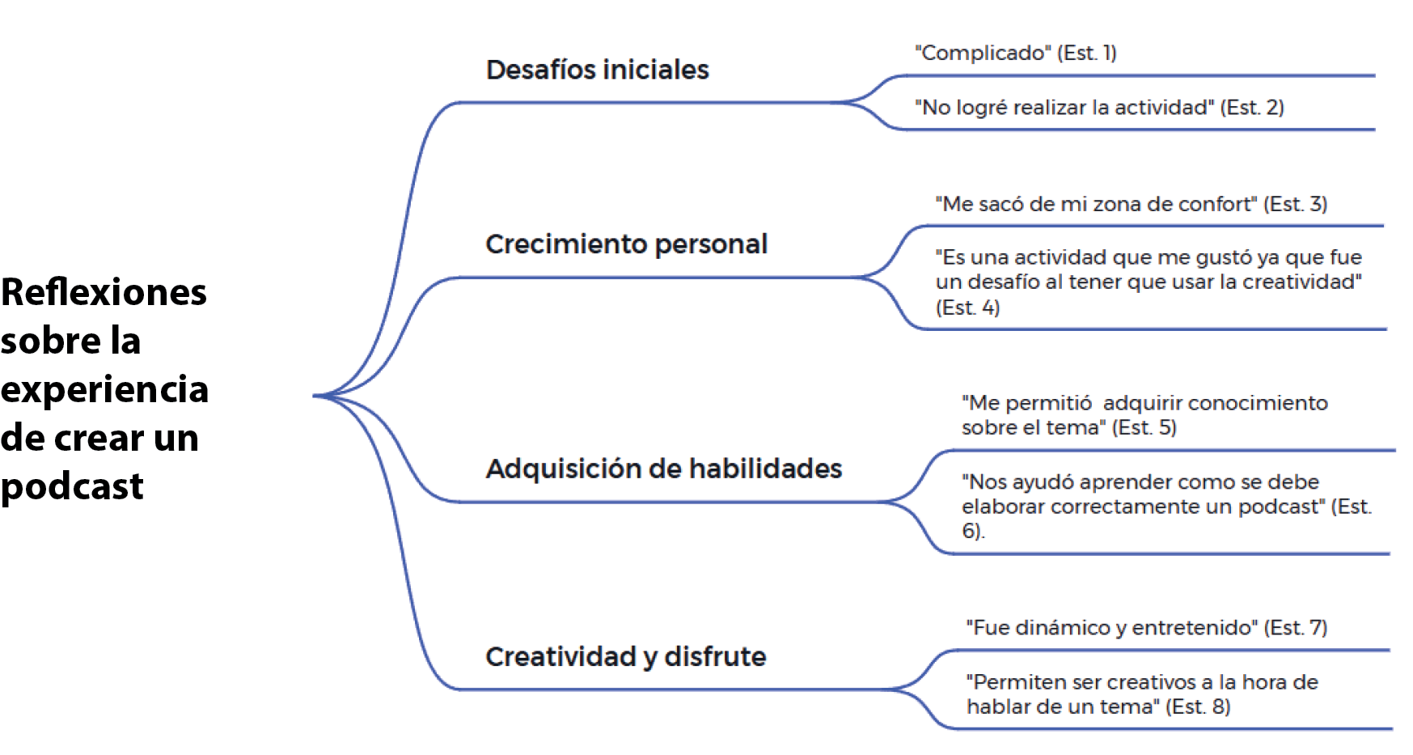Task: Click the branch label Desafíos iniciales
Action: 597,70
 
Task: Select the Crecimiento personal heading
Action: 626,244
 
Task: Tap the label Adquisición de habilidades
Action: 663,469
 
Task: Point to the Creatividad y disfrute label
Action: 625,656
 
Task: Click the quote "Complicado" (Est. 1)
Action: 1015,53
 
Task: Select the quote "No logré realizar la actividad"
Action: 1098,107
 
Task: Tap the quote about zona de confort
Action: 1131,204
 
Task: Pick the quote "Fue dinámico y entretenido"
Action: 1146,627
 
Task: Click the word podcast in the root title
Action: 72,486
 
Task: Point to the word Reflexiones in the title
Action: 104,292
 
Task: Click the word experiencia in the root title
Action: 104,389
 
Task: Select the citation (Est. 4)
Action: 967,308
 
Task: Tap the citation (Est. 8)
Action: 1198,706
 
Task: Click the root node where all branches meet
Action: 315,396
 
